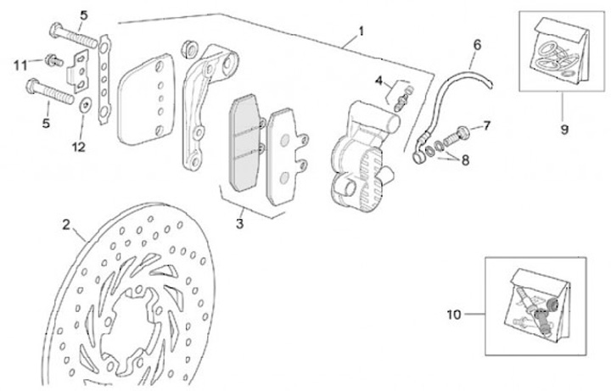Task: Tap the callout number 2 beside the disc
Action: coord(66,225)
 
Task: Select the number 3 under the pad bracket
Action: coord(240,224)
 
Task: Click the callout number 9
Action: coord(563,131)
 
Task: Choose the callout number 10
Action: coord(454,314)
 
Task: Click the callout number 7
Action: coord(487,126)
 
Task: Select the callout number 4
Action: coord(380,81)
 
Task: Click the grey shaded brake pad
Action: coord(244,143)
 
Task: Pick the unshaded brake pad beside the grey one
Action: coord(286,158)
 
